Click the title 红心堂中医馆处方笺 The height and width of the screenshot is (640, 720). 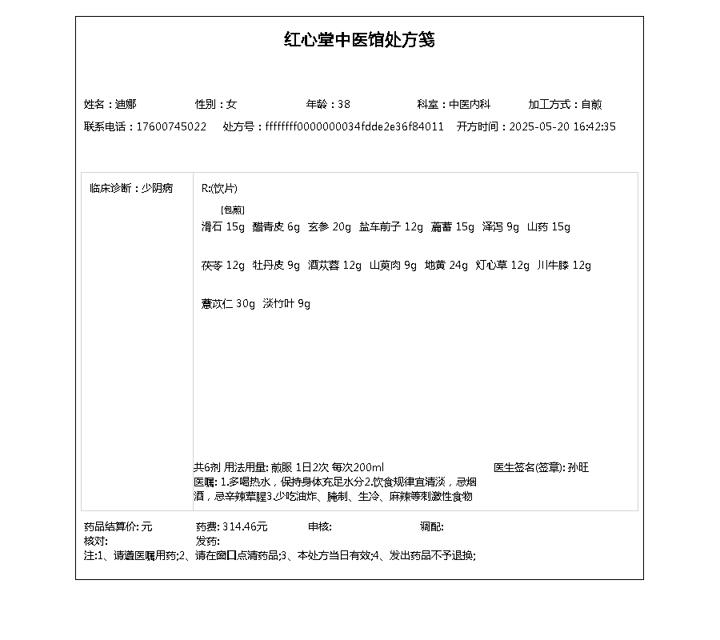coord(359,40)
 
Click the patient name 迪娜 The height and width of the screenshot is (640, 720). coord(126,104)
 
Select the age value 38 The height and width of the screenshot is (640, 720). coord(344,104)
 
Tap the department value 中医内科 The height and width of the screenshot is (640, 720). coord(470,104)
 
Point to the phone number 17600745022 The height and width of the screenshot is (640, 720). coord(171,126)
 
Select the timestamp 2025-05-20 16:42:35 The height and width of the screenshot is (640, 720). coord(562,126)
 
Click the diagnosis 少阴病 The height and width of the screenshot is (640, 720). coord(157,189)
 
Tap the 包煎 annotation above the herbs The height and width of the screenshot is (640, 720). coord(233,210)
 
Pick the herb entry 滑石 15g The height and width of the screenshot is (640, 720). coord(223,227)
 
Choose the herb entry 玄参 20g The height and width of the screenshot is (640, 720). coord(330,227)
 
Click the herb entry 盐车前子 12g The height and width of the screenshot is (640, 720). coord(390,227)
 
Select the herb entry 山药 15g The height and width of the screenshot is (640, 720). coord(549,227)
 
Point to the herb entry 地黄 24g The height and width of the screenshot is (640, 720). coord(446,266)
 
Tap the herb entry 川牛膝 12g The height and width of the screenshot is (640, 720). coord(564,266)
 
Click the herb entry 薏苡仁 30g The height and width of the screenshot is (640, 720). coord(228,304)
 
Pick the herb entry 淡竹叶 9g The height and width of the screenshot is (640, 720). coord(286,304)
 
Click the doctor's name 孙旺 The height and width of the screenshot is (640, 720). coord(578,467)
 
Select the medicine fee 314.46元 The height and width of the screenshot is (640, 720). coord(245,526)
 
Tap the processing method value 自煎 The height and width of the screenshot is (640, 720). coord(591,104)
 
